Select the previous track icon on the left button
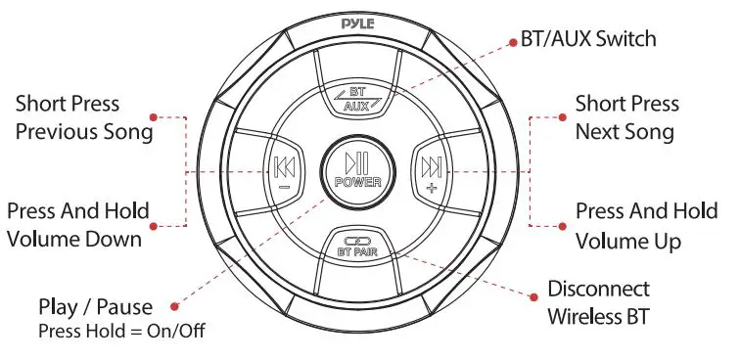click(284, 165)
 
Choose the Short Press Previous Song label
click(84, 117)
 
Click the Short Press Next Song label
click(625, 117)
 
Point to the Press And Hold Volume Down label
click(78, 224)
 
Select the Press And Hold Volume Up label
click(646, 225)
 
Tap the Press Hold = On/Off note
click(122, 331)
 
